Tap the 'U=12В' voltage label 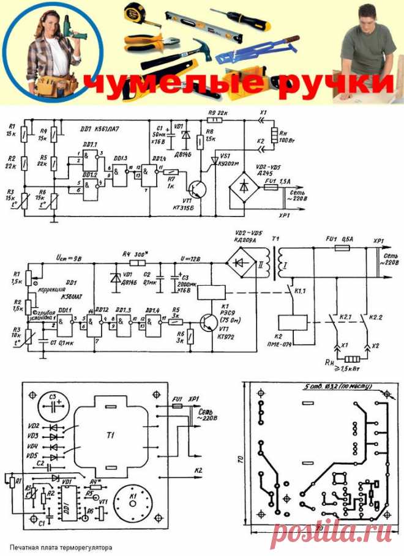click(186, 261)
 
